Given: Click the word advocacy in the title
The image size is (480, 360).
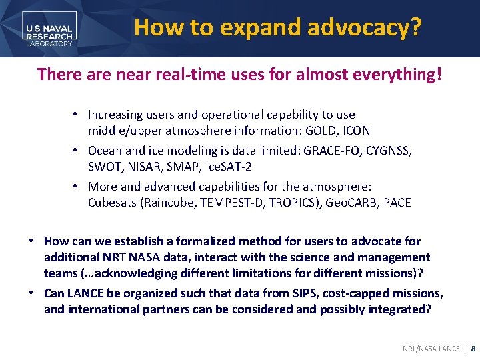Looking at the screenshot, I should tap(365, 27).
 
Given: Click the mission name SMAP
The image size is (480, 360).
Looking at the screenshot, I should tap(181, 167).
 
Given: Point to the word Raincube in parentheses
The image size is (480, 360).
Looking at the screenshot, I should tap(166, 203).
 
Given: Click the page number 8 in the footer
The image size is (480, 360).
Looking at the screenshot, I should tap(473, 349).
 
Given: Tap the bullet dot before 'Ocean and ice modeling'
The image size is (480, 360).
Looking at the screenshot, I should tap(77, 151).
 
